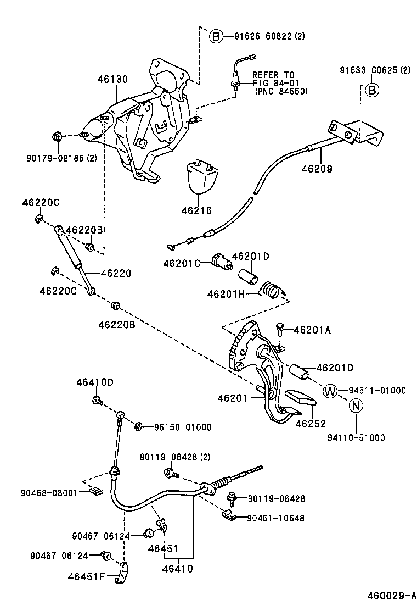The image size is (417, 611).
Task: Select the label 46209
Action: (317, 169)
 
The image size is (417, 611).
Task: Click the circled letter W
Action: (330, 391)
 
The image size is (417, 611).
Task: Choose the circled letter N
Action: (356, 406)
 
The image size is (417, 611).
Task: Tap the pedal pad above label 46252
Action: (298, 399)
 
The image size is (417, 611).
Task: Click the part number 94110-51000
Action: (356, 438)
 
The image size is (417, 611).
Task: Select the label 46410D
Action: (95, 381)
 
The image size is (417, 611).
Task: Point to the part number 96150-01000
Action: (182, 427)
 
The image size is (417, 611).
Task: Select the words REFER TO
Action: (273, 75)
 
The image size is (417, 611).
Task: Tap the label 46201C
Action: (183, 263)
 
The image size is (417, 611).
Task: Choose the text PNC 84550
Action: (281, 92)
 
